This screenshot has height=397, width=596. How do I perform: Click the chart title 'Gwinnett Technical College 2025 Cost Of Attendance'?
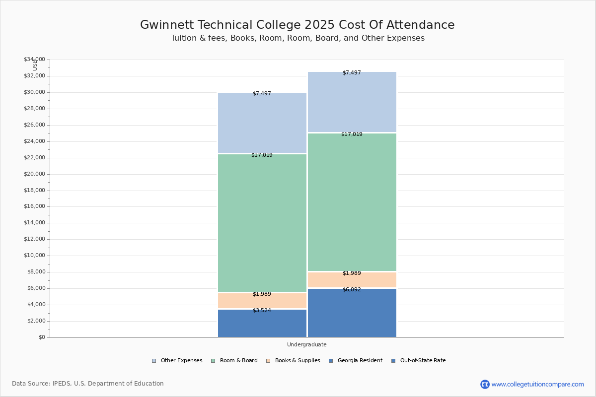[x=297, y=25]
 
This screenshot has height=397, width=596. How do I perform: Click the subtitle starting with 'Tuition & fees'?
[x=298, y=38]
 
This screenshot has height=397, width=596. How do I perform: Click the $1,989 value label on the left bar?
[x=262, y=294]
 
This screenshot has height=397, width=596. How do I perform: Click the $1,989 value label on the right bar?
[x=352, y=273]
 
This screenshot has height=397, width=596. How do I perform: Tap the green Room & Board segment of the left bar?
[x=262, y=223]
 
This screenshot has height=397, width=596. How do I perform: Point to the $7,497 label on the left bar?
[x=262, y=94]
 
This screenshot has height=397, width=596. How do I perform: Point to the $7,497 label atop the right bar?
[x=352, y=73]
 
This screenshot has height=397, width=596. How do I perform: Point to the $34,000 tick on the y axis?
[x=34, y=60]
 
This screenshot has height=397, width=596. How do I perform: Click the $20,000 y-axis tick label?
[x=34, y=174]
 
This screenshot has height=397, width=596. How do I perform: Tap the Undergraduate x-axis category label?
[x=306, y=344]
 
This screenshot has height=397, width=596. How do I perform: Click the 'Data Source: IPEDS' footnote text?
[x=88, y=384]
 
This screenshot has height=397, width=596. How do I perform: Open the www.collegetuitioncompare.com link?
[x=537, y=384]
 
